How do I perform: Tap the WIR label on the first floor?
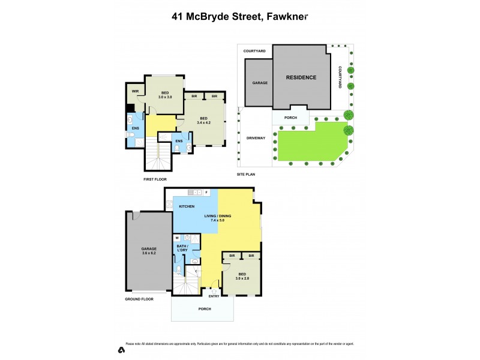pos(135,91)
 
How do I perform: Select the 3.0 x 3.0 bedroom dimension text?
pos(165,97)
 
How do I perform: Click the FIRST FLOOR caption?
pos(155,179)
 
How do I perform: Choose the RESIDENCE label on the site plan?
pos(301,77)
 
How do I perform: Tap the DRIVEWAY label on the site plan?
pos(255,138)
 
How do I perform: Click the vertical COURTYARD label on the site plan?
pos(340,77)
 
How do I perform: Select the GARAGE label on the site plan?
pos(260,83)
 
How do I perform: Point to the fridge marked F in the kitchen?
pos(206,193)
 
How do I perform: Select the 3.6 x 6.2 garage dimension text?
pos(149,253)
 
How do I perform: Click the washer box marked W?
pos(177,238)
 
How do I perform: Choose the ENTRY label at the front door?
pos(214,296)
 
